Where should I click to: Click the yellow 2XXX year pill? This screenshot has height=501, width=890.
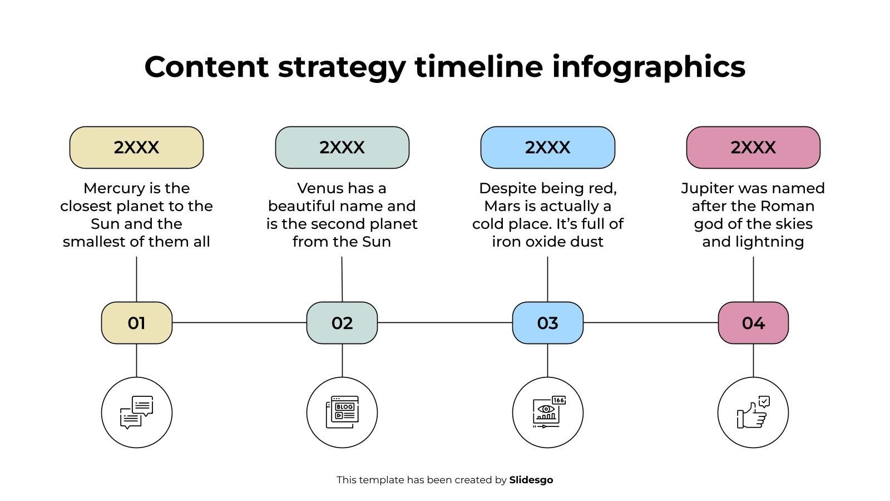coord(136,148)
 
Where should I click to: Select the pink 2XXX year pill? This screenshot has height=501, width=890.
coord(753,148)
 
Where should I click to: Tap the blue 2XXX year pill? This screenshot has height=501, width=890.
coord(547,148)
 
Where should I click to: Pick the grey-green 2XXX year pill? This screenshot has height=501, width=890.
coord(342,148)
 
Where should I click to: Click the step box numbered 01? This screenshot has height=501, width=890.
coord(137,323)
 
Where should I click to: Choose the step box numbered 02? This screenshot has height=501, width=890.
coord(342,323)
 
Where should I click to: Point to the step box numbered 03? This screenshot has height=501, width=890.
coord(547,323)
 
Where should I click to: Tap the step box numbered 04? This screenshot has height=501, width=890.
coord(753,323)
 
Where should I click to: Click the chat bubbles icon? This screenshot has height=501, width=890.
coord(137,412)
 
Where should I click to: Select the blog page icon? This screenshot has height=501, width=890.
coord(342,412)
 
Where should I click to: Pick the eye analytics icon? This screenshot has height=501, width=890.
coord(548,412)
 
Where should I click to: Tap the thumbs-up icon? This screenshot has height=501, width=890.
coord(753,412)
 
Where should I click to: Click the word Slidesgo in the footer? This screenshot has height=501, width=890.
coord(531,480)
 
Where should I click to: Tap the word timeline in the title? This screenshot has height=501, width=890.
coord(479,67)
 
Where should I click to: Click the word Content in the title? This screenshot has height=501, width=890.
coord(206,67)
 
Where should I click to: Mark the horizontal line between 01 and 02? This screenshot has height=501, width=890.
coord(240,322)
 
